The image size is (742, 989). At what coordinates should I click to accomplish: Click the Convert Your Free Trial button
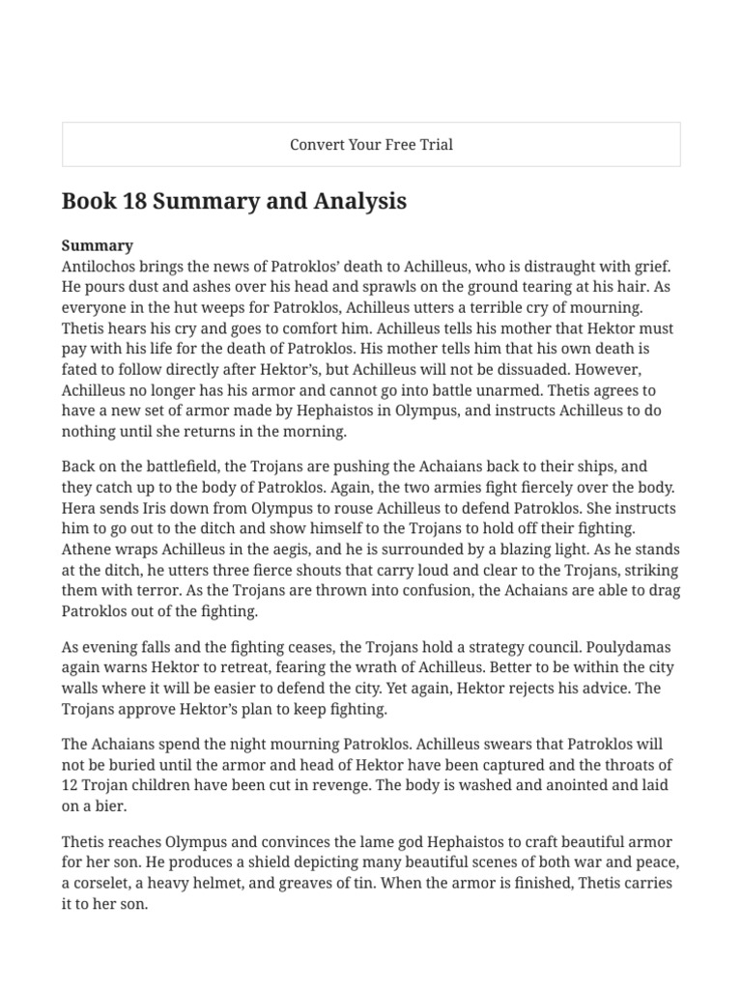point(371,145)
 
